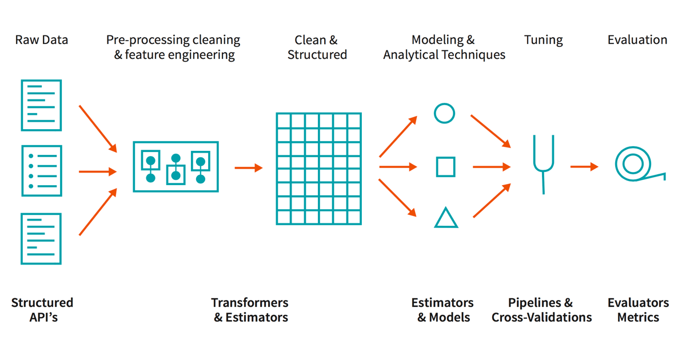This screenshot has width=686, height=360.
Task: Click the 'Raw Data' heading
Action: pyautogui.click(x=42, y=40)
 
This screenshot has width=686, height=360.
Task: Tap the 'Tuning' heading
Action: pyautogui.click(x=543, y=40)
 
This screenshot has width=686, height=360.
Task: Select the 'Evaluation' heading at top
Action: pyautogui.click(x=637, y=40)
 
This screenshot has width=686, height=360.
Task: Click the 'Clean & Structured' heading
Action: pyautogui.click(x=317, y=47)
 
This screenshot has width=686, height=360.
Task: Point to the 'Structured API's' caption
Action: pyautogui.click(x=42, y=310)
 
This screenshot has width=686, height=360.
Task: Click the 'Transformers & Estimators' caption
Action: pyautogui.click(x=250, y=310)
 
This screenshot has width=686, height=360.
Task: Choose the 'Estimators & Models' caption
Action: pyautogui.click(x=443, y=310)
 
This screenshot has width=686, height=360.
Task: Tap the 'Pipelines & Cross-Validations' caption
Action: pyautogui.click(x=541, y=310)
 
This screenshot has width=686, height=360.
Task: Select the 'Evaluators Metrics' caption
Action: pyautogui.click(x=638, y=310)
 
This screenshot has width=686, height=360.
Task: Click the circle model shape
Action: pyautogui.click(x=444, y=113)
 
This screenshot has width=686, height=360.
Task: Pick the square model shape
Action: pyautogui.click(x=445, y=167)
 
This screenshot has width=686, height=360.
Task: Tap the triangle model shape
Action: pyautogui.click(x=446, y=218)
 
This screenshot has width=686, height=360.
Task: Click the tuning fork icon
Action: pyautogui.click(x=541, y=163)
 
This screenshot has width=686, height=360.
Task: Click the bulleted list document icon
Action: pyautogui.click(x=41, y=170)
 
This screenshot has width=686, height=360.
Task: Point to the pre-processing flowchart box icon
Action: pyautogui.click(x=176, y=166)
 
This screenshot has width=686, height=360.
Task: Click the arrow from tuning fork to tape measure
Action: pyautogui.click(x=584, y=167)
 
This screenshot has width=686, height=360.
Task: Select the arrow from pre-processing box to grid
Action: pyautogui.click(x=249, y=167)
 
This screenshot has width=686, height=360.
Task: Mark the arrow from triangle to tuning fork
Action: pyautogui.click(x=492, y=201)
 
